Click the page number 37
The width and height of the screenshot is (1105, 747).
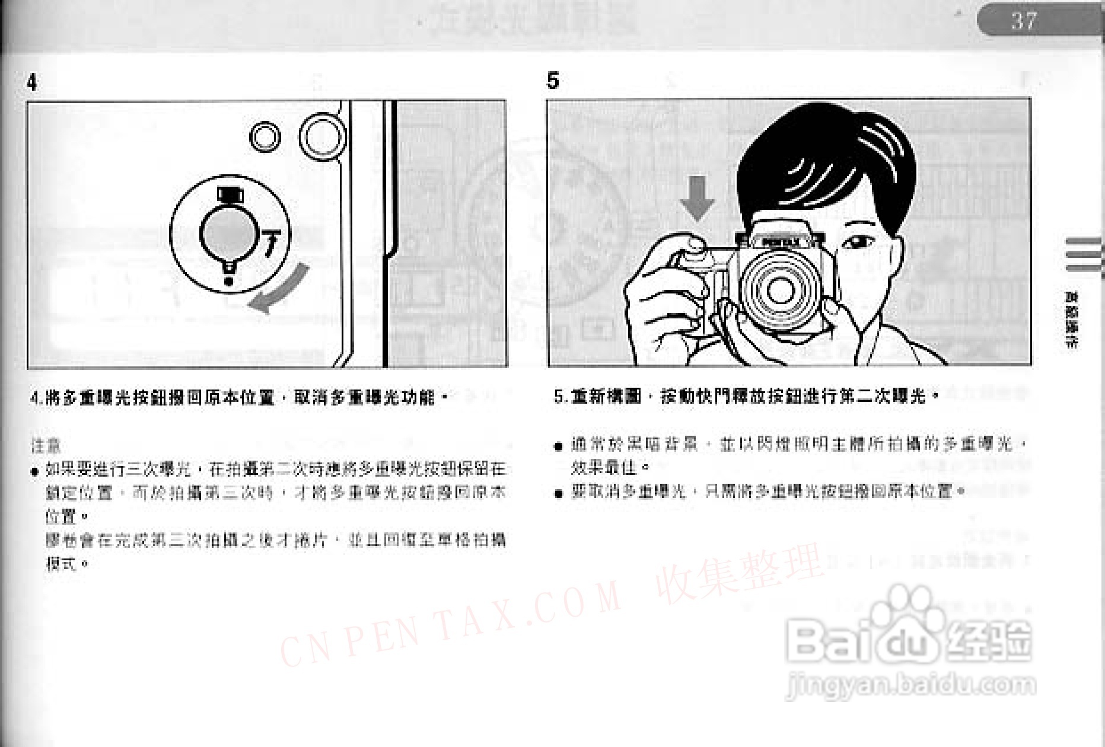pyautogui.click(x=1024, y=21)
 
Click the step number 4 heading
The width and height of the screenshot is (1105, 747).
pyautogui.click(x=32, y=82)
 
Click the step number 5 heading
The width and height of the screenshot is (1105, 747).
pyautogui.click(x=553, y=80)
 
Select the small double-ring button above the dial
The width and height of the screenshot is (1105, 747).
pyautogui.click(x=265, y=137)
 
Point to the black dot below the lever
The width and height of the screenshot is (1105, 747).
pyautogui.click(x=229, y=281)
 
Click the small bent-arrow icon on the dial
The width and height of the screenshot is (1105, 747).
pyautogui.click(x=270, y=242)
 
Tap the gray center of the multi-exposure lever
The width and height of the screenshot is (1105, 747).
pyautogui.click(x=227, y=235)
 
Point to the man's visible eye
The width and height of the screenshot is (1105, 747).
pyautogui.click(x=856, y=242)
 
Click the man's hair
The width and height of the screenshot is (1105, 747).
pyautogui.click(x=824, y=160)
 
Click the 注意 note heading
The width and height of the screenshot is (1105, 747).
pyautogui.click(x=46, y=445)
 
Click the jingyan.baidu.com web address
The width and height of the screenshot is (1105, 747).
pyautogui.click(x=910, y=685)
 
